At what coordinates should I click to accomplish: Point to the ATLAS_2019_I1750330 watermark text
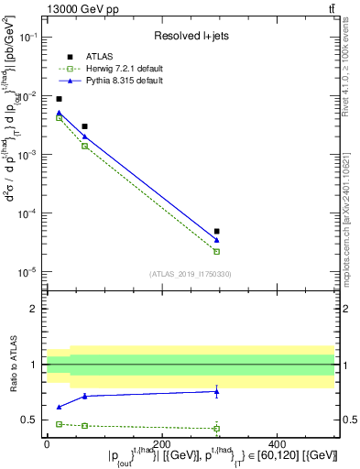click(x=190, y=274)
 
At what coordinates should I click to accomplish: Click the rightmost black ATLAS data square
click(x=216, y=232)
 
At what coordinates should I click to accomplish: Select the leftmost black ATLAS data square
click(x=59, y=99)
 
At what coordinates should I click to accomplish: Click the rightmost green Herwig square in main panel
click(x=216, y=251)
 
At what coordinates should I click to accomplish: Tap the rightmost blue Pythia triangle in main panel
click(x=216, y=240)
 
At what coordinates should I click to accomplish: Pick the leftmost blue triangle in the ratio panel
click(x=59, y=407)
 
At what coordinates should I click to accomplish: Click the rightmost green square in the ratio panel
click(x=216, y=428)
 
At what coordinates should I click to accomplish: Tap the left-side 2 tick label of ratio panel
click(x=34, y=309)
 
